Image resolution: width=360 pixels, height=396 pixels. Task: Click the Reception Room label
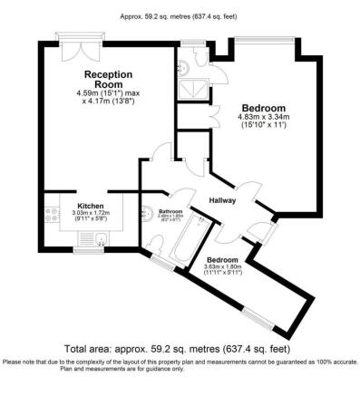109,79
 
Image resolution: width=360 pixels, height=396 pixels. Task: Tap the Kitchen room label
90,205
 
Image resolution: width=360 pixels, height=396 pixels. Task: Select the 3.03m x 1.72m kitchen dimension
90,214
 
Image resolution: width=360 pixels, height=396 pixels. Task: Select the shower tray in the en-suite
192,84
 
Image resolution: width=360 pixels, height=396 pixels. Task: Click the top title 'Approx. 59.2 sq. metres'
180,14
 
